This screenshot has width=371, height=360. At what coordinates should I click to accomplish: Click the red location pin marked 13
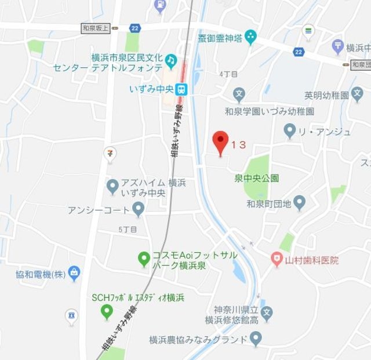220,141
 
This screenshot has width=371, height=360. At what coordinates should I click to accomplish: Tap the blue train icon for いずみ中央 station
182,88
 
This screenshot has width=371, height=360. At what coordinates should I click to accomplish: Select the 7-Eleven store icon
108,152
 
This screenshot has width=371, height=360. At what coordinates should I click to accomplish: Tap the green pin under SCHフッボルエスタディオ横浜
106,312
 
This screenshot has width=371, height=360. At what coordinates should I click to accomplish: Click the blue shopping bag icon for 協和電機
74,271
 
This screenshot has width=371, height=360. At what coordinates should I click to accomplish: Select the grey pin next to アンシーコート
138,208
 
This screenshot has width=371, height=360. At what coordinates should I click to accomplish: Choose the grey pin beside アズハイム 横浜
112,186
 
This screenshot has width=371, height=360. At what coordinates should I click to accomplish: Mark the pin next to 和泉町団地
299,202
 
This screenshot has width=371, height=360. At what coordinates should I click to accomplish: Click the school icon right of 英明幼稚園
359,94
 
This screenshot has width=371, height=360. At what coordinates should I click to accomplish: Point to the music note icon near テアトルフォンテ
170,60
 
